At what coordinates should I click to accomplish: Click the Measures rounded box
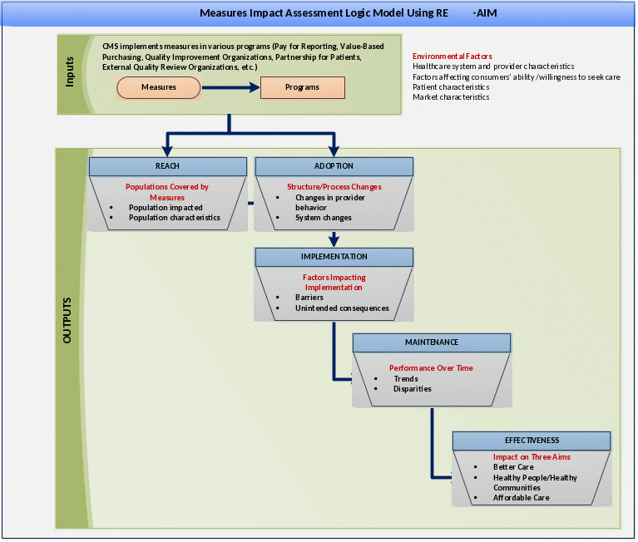tap(158, 87)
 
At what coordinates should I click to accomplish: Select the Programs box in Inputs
tap(302, 87)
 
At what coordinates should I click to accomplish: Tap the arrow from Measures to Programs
tap(230, 87)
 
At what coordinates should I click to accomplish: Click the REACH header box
tap(167, 166)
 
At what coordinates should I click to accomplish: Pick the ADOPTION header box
tap(334, 166)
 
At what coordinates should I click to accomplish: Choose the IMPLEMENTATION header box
tap(334, 257)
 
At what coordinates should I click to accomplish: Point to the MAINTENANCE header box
tap(432, 342)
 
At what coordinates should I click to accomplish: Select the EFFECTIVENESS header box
tap(532, 441)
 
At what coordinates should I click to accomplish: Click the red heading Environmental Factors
tap(452, 57)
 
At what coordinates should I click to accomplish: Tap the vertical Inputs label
tap(70, 72)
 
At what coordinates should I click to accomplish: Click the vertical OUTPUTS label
tap(67, 320)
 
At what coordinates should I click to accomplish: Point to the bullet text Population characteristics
tap(174, 218)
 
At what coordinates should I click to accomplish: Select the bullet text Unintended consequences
tap(342, 308)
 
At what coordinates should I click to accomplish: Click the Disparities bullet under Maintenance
tap(412, 388)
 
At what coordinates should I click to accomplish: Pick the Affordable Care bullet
tap(521, 498)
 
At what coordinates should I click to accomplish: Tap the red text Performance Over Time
tap(431, 367)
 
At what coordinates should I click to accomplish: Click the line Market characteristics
tap(451, 97)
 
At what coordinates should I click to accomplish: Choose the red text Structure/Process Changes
tap(334, 187)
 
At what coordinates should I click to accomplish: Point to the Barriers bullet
tap(309, 298)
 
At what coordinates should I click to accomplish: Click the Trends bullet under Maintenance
tap(406, 378)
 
